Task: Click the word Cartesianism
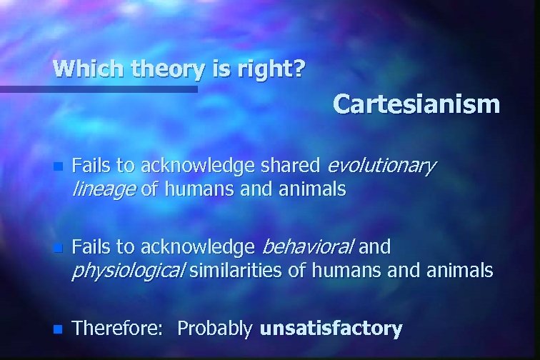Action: [x=416, y=104]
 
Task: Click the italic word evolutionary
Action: [x=380, y=167]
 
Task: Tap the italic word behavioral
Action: [x=308, y=248]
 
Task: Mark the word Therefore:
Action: [x=120, y=329]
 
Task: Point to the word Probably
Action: [x=214, y=329]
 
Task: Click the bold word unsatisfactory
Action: [x=331, y=329]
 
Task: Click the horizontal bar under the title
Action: [x=99, y=89]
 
